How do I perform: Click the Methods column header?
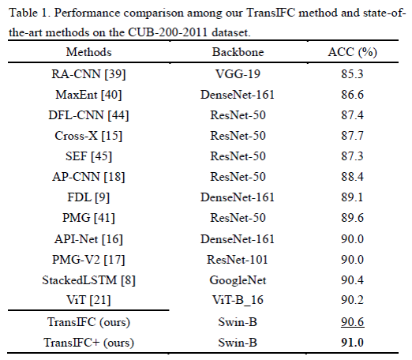89,52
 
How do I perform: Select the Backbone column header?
236,52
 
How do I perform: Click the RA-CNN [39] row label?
89,74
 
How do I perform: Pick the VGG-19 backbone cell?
236,74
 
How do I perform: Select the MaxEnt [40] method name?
89,95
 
